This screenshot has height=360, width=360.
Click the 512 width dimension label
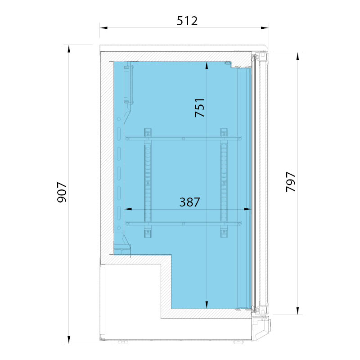(x=187, y=21)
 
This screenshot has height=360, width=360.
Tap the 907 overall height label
(x=62, y=192)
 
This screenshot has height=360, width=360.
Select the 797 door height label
(x=291, y=182)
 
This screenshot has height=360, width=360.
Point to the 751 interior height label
(x=199, y=108)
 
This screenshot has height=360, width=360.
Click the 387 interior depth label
(x=189, y=202)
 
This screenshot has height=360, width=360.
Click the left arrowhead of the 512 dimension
(x=104, y=28)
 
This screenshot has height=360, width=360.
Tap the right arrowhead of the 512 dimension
(x=265, y=28)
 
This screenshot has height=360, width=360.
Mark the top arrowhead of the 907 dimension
(x=69, y=49)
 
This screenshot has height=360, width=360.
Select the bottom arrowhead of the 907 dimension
(x=69, y=340)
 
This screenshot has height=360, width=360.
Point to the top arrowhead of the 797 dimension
(x=297, y=56)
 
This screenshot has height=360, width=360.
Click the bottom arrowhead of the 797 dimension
(x=297, y=311)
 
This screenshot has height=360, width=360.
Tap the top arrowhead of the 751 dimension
(x=207, y=65)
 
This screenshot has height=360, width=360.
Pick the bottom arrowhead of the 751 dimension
(x=207, y=305)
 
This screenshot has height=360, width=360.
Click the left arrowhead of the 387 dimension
(x=128, y=209)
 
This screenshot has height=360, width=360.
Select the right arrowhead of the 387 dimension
(x=248, y=209)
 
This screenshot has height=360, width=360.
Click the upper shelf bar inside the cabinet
(x=184, y=139)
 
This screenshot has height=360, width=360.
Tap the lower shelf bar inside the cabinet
(x=184, y=223)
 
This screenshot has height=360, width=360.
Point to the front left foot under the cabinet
(x=123, y=342)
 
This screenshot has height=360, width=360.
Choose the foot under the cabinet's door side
(x=239, y=342)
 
